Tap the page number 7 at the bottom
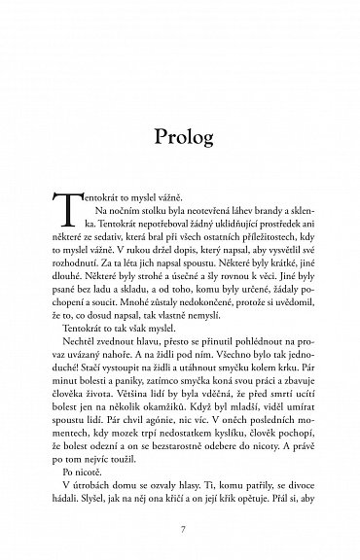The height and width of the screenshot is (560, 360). tap(179, 506)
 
